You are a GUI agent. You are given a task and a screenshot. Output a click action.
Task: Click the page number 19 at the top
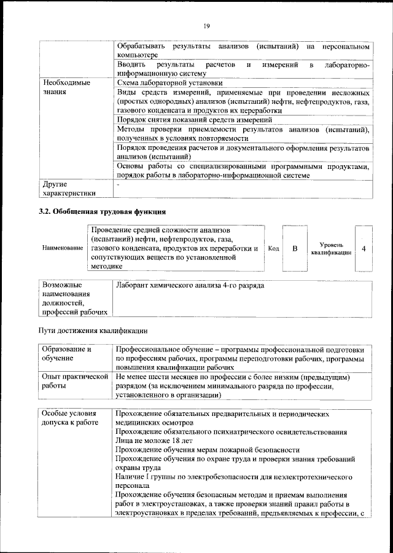tap(206, 25)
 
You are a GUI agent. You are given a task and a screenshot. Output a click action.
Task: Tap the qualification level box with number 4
tap(364, 248)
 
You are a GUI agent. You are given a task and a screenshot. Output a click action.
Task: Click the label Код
tap(274, 248)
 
